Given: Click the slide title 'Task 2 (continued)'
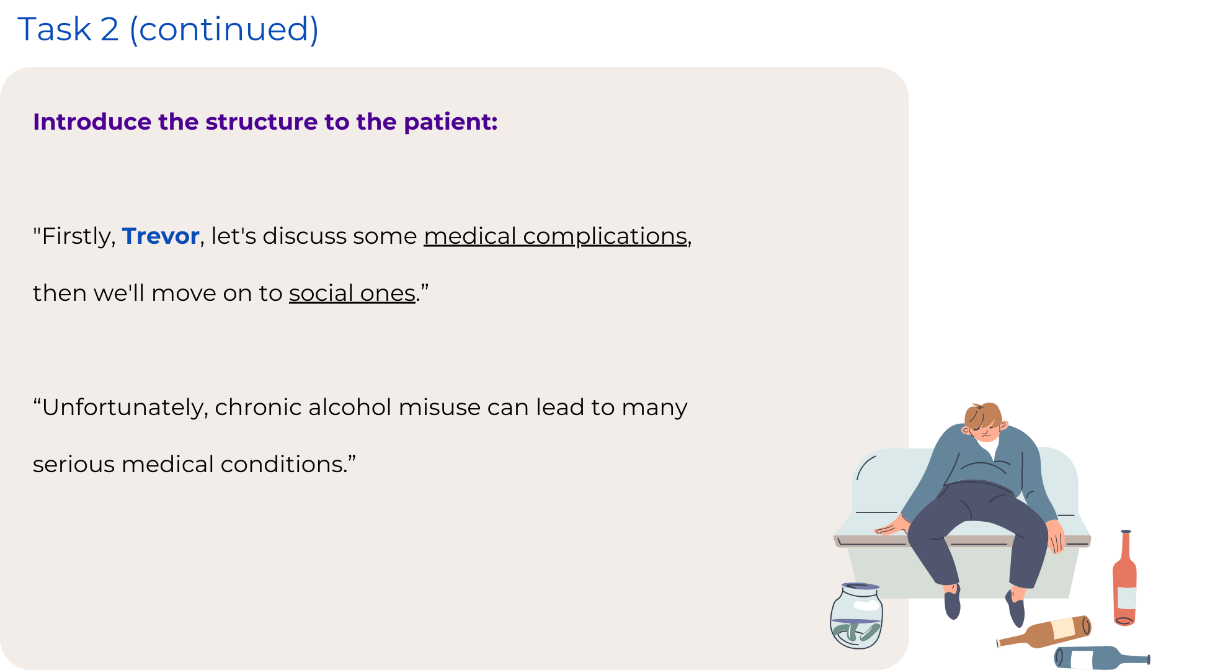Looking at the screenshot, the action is (x=168, y=29).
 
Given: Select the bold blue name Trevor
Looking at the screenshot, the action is (x=161, y=236).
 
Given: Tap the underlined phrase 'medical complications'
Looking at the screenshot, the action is (x=556, y=236).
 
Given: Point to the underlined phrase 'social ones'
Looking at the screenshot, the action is (x=352, y=293).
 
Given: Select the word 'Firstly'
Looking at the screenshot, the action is (x=78, y=236).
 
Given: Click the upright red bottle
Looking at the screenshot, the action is (x=1124, y=578).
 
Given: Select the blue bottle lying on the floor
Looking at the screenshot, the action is (x=1101, y=658).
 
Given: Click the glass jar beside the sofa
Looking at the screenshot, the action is (x=856, y=615).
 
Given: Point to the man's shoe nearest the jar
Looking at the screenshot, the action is (x=953, y=602).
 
